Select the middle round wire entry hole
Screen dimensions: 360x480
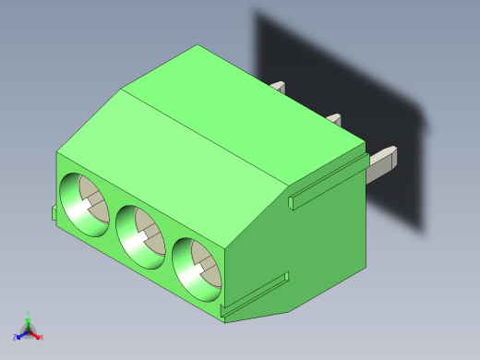pos(140,233)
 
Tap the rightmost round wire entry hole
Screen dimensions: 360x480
pos(197,267)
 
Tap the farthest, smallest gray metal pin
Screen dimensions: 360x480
pos(278,88)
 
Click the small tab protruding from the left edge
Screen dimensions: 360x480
pos(54,213)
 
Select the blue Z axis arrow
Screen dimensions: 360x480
pos(19,333)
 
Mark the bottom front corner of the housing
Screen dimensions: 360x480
pos(224,319)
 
